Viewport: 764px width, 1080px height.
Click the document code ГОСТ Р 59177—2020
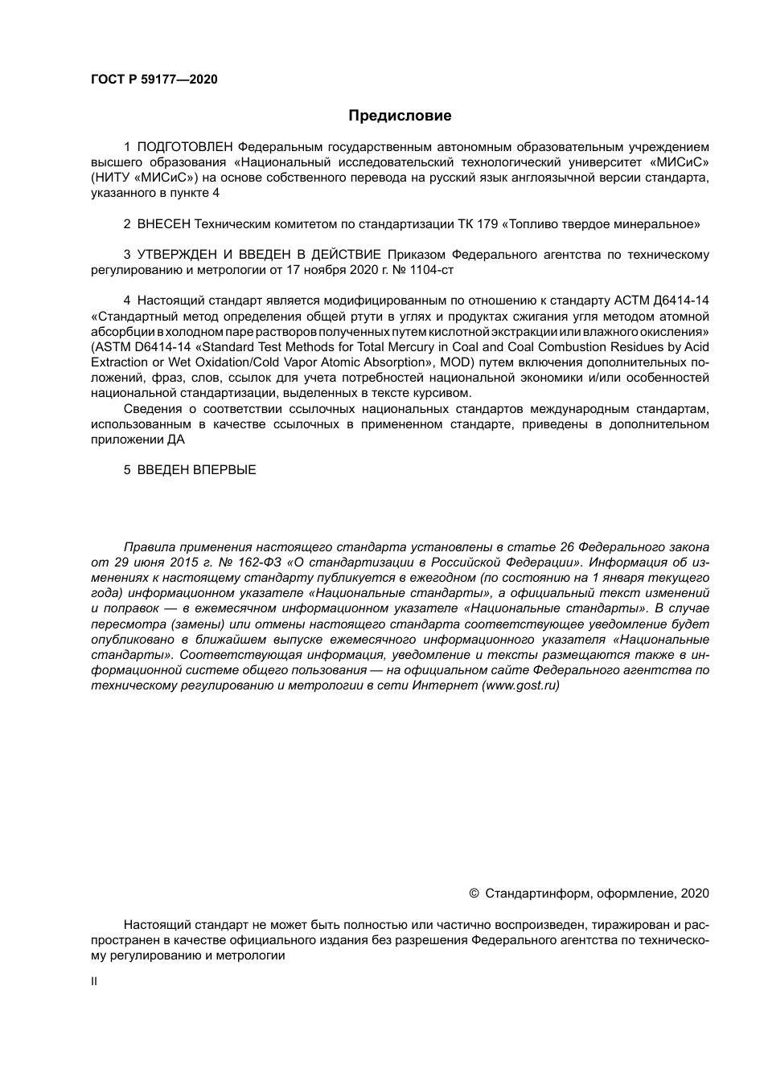coord(154,80)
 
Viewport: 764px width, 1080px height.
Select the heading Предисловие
coord(400,116)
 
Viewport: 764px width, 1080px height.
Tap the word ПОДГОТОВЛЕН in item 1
coord(185,147)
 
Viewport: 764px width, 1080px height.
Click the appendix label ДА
coord(175,440)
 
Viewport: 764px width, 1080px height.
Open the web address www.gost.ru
coord(520,685)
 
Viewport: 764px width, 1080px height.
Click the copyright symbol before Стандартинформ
coord(474,894)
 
